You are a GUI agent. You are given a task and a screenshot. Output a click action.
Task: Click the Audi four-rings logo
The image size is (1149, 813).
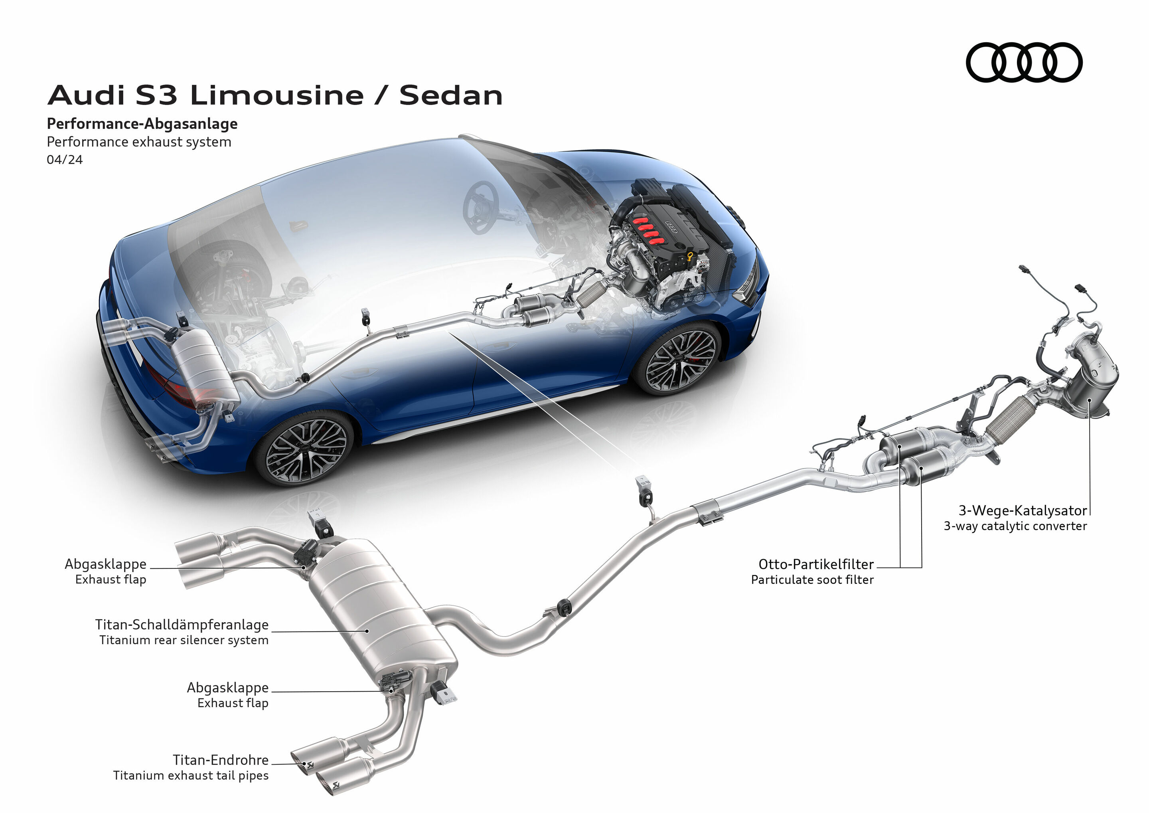tap(1024, 62)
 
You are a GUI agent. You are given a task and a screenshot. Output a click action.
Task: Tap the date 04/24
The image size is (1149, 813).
tap(65, 160)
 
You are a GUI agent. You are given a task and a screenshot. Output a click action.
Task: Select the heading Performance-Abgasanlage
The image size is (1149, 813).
tap(142, 124)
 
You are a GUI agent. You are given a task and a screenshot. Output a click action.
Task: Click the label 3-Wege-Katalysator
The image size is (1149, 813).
tap(1023, 510)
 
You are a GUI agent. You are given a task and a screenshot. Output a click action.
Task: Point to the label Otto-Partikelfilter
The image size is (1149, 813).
tap(816, 564)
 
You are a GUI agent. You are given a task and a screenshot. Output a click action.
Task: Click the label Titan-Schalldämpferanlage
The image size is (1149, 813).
tap(182, 625)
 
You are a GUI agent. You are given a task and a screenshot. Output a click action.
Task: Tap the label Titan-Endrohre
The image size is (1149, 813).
tap(221, 760)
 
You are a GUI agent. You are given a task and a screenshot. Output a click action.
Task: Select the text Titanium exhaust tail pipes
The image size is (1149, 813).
tap(191, 775)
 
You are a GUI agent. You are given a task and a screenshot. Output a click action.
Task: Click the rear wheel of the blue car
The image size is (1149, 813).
tap(306, 449)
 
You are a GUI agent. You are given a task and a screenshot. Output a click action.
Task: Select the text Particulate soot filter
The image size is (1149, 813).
tap(812, 580)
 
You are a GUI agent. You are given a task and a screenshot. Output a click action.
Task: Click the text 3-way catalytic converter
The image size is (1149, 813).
tap(1015, 526)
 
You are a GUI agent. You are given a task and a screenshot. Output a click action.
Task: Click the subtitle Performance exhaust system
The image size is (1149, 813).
tap(138, 142)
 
